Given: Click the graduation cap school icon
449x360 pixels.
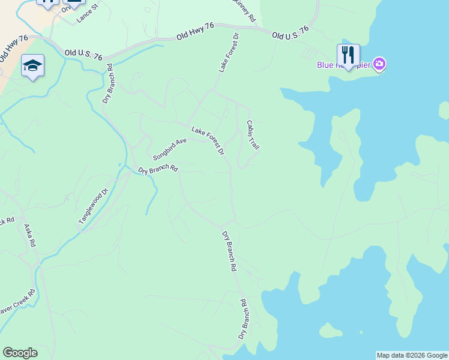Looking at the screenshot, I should tap(32, 65).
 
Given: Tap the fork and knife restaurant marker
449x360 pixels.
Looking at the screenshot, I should tap(348, 54).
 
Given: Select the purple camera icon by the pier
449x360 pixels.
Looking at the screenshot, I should tap(379, 63).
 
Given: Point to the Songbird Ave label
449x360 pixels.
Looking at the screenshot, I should tap(170, 149).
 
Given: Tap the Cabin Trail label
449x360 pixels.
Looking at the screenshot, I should tap(253, 134).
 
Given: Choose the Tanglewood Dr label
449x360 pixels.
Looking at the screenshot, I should tap(92, 207).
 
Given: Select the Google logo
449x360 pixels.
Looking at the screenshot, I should tap(20, 353).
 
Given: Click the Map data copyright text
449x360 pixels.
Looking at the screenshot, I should tap(412, 355).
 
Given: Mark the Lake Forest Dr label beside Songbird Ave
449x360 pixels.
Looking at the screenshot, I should tap(208, 141).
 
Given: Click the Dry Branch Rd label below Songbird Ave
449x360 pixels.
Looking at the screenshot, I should tap(158, 170).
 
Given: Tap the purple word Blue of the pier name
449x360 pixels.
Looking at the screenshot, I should tap(326, 65).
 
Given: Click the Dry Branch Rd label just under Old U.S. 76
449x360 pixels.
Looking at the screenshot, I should tap(108, 84).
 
